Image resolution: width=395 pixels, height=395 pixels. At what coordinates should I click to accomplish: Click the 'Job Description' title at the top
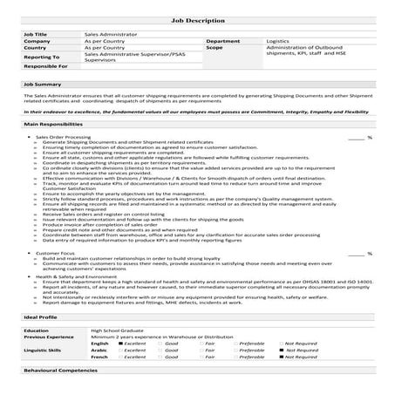(197, 17)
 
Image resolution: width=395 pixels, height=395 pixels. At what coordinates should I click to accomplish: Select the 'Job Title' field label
(36, 33)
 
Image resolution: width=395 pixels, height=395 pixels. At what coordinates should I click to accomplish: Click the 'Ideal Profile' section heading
(41, 319)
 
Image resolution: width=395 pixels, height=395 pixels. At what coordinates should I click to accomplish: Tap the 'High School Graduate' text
(117, 331)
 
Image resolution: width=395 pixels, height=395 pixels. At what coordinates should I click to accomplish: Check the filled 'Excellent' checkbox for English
(119, 344)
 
